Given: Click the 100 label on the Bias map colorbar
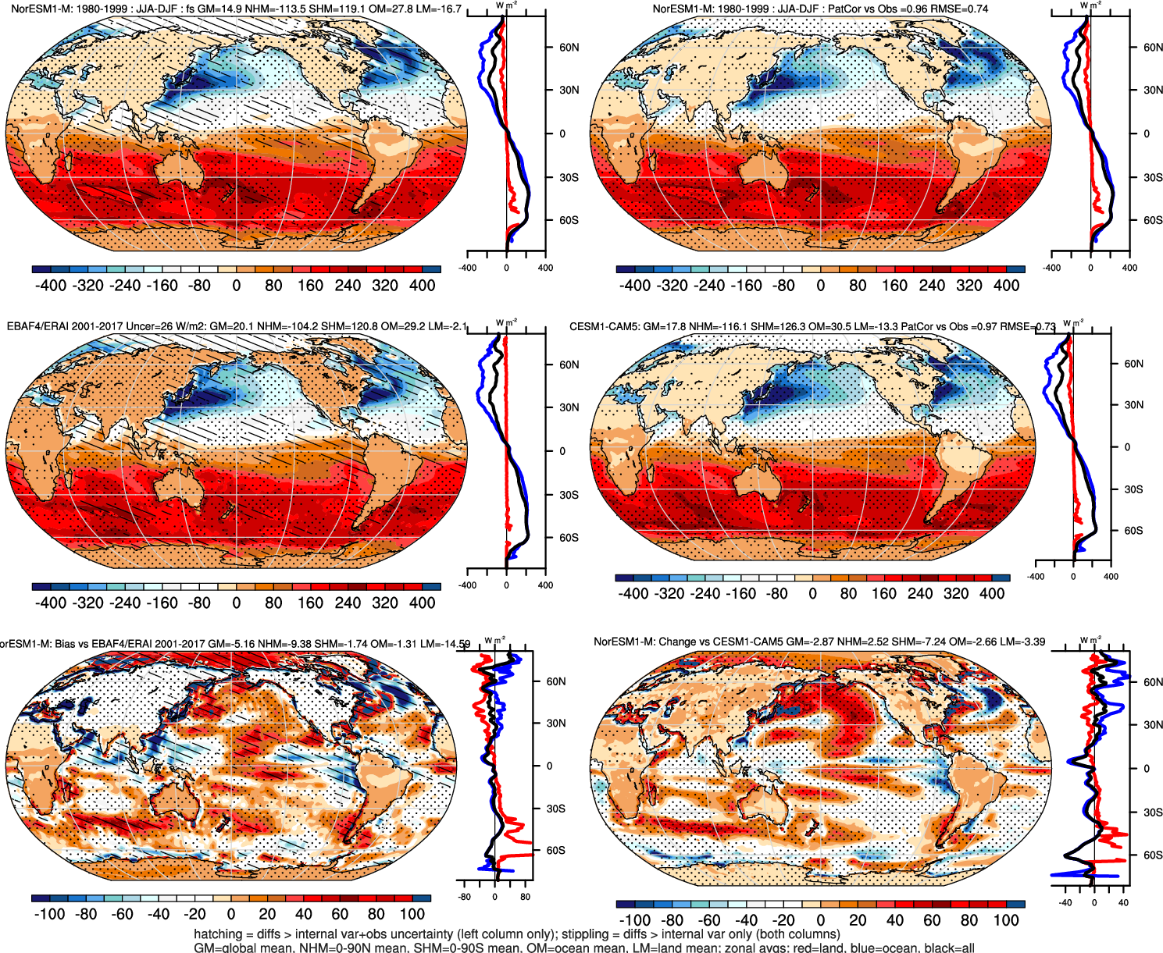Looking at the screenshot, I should click(412, 914).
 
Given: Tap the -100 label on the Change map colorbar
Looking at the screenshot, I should click(634, 920).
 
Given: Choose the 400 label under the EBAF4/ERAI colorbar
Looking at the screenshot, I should click(423, 603).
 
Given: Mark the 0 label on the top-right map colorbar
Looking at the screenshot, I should click(820, 286).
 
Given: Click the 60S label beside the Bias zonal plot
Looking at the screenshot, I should click(556, 850).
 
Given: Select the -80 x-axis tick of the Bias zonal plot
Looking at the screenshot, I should click(465, 897).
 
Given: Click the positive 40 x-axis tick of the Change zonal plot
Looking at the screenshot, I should click(1123, 902).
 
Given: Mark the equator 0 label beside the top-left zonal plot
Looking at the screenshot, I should click(562, 134).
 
